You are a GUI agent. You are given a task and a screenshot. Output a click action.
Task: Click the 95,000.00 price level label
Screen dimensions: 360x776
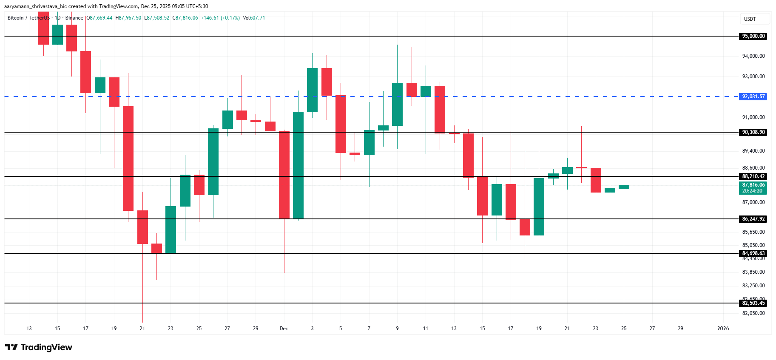[753, 36]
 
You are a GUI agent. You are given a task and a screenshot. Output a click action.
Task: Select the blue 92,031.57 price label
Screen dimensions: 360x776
[753, 96]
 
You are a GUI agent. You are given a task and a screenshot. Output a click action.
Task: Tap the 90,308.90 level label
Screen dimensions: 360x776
[753, 132]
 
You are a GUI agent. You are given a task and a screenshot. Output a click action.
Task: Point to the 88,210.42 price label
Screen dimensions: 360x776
[753, 176]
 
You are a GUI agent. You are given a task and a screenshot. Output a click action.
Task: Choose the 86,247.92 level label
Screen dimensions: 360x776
[753, 219]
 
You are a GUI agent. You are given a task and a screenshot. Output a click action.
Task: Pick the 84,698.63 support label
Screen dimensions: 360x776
[753, 253]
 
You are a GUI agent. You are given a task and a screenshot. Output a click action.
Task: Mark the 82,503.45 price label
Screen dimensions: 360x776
[753, 303]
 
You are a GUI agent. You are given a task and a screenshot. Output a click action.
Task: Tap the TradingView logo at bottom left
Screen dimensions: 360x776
[39, 347]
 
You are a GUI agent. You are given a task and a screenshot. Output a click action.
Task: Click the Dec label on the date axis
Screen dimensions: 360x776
[284, 329]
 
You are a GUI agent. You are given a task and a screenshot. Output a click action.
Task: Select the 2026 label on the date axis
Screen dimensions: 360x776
[723, 329]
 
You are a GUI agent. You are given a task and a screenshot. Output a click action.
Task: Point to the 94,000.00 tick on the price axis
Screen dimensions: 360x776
[753, 56]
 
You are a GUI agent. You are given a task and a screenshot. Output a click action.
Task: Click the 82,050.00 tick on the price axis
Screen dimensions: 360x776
[753, 313]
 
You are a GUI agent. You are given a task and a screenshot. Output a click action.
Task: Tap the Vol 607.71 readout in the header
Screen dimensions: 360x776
[254, 18]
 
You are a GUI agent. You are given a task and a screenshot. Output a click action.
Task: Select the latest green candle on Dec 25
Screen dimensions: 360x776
[624, 187]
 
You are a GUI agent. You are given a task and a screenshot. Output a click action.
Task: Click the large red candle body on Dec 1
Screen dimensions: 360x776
[284, 175]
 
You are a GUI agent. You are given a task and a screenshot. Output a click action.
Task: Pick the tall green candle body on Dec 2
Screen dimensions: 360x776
[298, 165]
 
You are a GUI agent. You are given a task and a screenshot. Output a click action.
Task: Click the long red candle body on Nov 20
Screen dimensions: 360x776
[128, 158]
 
